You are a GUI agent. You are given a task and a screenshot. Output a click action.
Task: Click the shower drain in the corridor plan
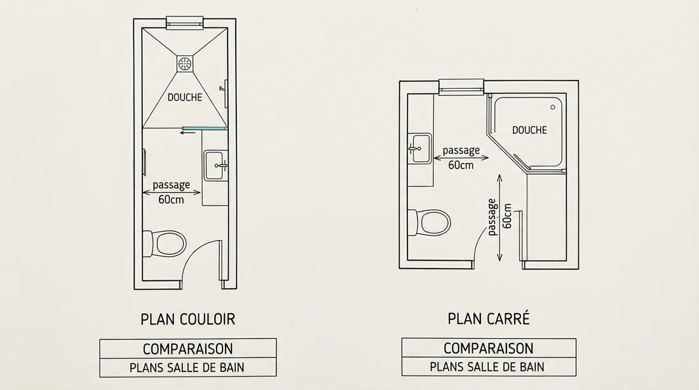click(184, 63)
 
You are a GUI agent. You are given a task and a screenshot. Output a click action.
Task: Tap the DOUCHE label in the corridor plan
click(184, 97)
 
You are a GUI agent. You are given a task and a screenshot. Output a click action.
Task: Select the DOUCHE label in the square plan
click(529, 130)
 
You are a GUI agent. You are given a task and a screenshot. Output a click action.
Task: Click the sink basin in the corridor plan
click(215, 165)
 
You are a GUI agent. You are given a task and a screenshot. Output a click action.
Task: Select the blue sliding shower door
click(203, 128)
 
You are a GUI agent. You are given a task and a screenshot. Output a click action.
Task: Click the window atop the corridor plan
click(184, 23)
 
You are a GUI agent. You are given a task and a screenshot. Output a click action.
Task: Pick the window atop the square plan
click(461, 86)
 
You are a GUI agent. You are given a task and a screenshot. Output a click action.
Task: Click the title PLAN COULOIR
click(187, 318)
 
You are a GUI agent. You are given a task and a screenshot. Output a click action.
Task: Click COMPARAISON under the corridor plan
click(187, 349)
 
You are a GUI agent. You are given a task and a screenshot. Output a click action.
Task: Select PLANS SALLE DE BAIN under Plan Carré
click(488, 366)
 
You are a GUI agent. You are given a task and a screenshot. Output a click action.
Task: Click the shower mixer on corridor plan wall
click(223, 87)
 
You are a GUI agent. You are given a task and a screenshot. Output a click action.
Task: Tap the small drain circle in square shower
click(553, 107)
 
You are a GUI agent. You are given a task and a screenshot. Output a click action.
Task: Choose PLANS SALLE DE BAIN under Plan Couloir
click(187, 367)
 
